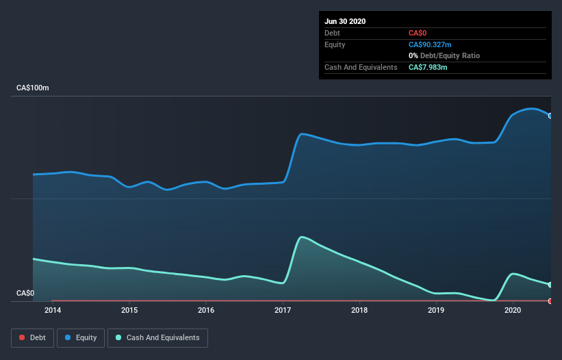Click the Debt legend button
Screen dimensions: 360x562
(31, 337)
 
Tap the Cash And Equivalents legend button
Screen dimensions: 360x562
(157, 337)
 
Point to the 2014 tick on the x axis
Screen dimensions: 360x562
(52, 310)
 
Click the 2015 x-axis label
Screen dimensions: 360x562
(129, 310)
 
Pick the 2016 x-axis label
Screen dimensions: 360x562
(205, 310)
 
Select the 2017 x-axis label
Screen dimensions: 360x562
(283, 310)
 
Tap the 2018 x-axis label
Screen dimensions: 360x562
(359, 310)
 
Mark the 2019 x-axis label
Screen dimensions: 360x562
(436, 310)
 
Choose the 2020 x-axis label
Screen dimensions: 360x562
(513, 310)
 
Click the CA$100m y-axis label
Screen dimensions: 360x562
(33, 88)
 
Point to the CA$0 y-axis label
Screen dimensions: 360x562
(25, 293)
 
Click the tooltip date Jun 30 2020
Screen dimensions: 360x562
(345, 21)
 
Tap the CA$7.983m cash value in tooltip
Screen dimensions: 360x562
(428, 67)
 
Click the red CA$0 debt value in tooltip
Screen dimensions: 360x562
(418, 33)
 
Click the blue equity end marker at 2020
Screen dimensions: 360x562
(550, 116)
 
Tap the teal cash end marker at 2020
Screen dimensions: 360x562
(550, 285)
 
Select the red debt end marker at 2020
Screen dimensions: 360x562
(550, 301)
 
